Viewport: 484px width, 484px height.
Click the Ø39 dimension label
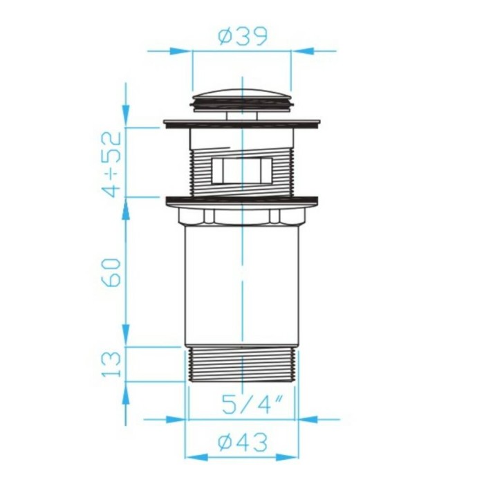click(243, 37)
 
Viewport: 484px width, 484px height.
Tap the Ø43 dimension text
click(243, 443)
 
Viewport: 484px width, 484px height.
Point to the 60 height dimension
click(112, 273)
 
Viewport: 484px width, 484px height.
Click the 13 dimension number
click(112, 364)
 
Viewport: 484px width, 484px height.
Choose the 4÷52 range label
click(112, 165)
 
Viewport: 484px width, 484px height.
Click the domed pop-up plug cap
click(242, 100)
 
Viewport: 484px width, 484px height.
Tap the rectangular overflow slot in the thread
click(242, 171)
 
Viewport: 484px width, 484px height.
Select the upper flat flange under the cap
click(242, 124)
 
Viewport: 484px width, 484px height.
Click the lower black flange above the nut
click(242, 201)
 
